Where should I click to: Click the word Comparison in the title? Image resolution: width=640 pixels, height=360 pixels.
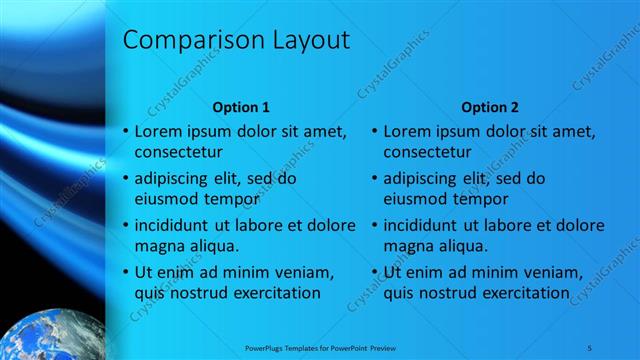(x=190, y=41)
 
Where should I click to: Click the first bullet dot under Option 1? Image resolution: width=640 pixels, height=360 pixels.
(x=125, y=132)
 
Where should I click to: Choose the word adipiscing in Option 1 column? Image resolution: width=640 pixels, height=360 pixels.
(x=172, y=179)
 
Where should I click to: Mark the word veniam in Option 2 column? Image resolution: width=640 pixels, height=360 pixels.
(x=552, y=272)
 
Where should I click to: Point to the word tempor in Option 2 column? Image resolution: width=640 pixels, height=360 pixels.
(x=475, y=199)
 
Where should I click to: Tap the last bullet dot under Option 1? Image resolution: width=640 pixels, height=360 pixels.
(x=125, y=272)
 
